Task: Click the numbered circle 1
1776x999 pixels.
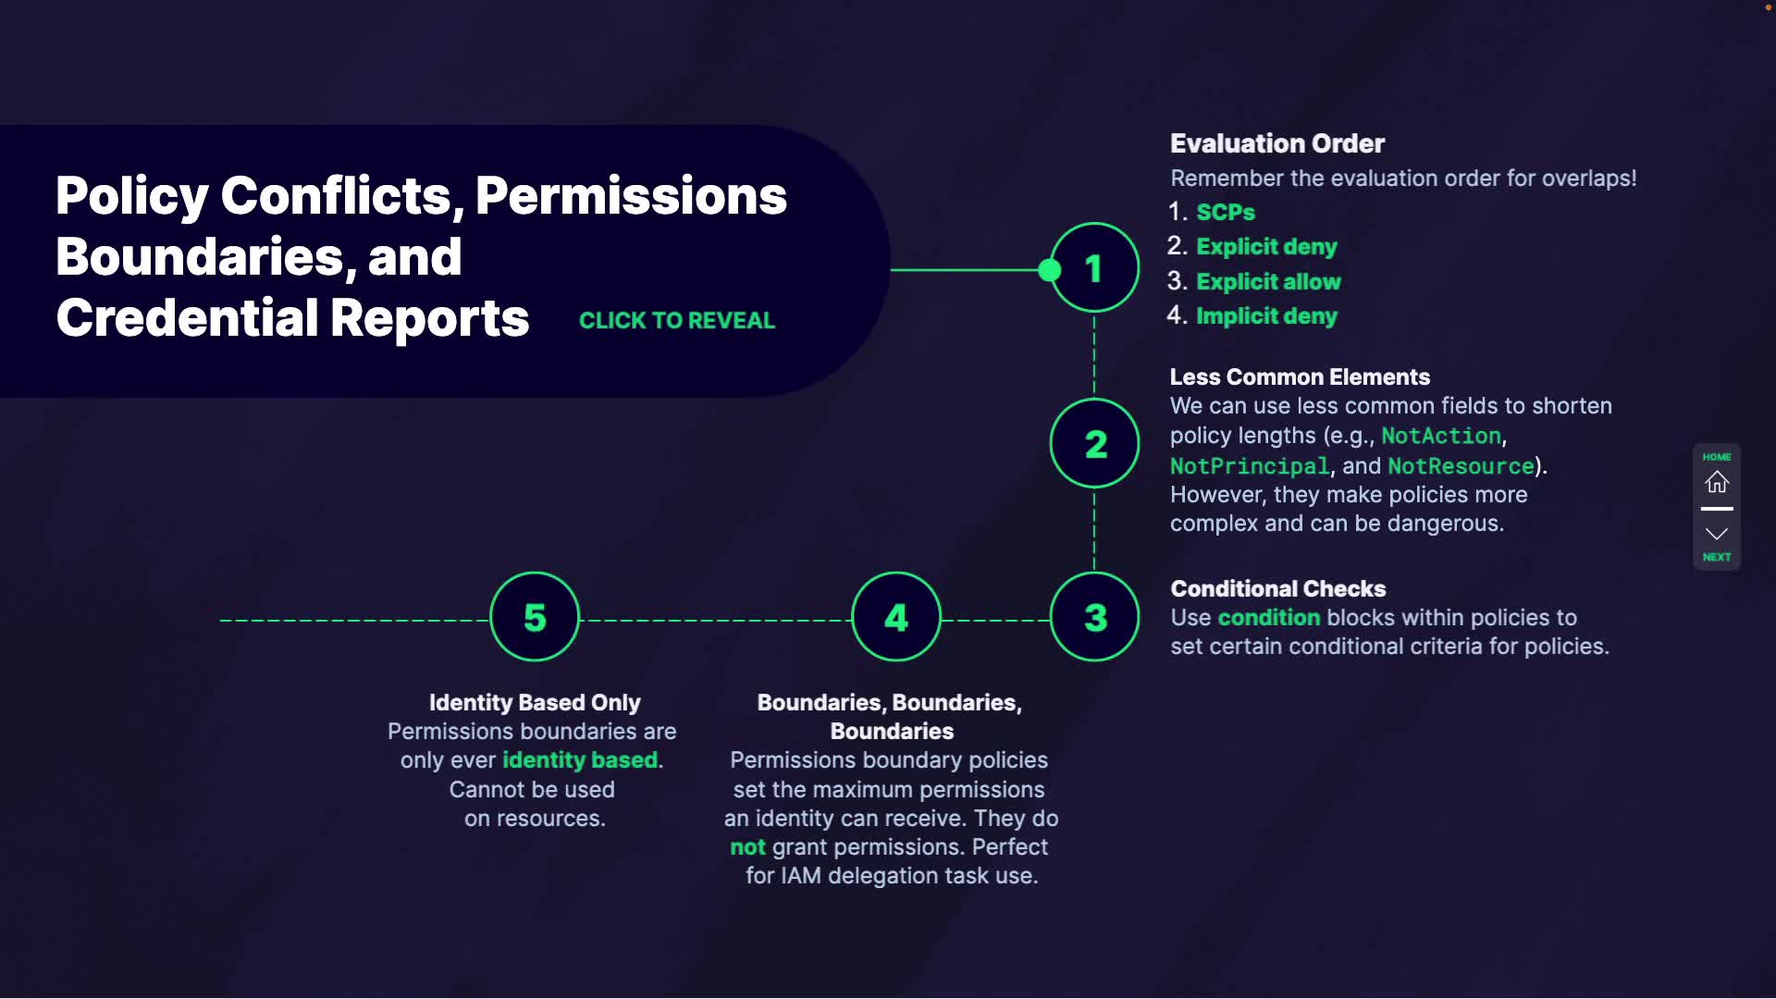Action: pyautogui.click(x=1094, y=268)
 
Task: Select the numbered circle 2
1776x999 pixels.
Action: pyautogui.click(x=1094, y=444)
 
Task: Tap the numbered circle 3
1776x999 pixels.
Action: pyautogui.click(x=1094, y=617)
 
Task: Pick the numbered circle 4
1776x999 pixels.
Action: pyautogui.click(x=895, y=617)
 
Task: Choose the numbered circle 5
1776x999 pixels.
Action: pyautogui.click(x=535, y=617)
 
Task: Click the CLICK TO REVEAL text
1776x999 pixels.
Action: pyautogui.click(x=676, y=320)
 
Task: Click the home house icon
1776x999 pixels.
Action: pyautogui.click(x=1717, y=482)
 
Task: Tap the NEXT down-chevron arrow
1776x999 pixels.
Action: pyautogui.click(x=1717, y=534)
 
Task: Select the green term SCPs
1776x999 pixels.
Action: pyautogui.click(x=1225, y=212)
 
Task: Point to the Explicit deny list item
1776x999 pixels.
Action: pyautogui.click(x=1266, y=247)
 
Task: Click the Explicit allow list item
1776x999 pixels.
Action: pyautogui.click(x=1268, y=281)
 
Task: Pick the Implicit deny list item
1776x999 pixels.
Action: pyautogui.click(x=1266, y=316)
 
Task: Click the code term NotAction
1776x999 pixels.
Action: pyautogui.click(x=1440, y=436)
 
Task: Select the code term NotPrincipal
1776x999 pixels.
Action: pyautogui.click(x=1249, y=466)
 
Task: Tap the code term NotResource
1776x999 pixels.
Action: pyautogui.click(x=1461, y=466)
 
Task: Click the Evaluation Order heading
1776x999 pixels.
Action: pyautogui.click(x=1276, y=143)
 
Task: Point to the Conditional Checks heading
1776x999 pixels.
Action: pyautogui.click(x=1277, y=588)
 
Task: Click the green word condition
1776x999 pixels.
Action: pyautogui.click(x=1268, y=618)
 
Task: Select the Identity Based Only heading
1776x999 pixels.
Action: pyautogui.click(x=535, y=703)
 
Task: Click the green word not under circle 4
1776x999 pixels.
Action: pyautogui.click(x=747, y=847)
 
